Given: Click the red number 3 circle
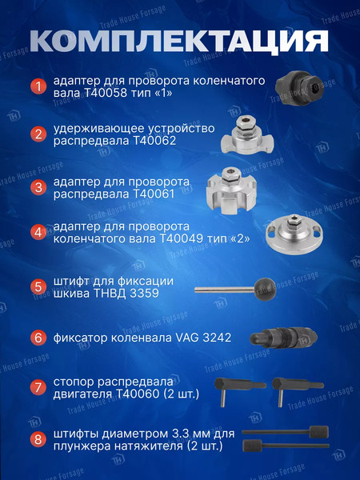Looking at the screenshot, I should coord(38,188).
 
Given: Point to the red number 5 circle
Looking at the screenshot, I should coord(38,287).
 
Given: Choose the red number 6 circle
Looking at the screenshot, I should coord(38,338).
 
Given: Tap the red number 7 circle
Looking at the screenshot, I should coord(38,388).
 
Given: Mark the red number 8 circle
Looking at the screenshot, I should coord(38,439).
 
